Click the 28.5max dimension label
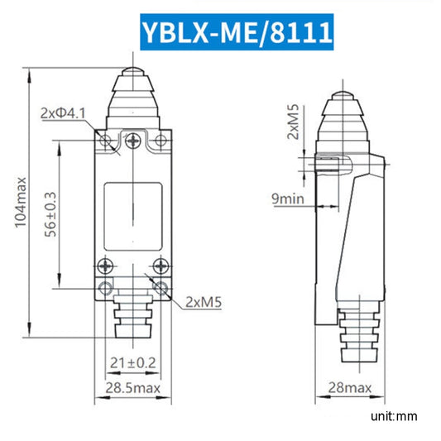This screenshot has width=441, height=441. click(x=133, y=386)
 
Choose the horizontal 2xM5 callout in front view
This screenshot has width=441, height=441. click(x=204, y=303)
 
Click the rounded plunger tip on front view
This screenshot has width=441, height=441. click(x=133, y=76)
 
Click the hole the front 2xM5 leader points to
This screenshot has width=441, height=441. click(x=161, y=289)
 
